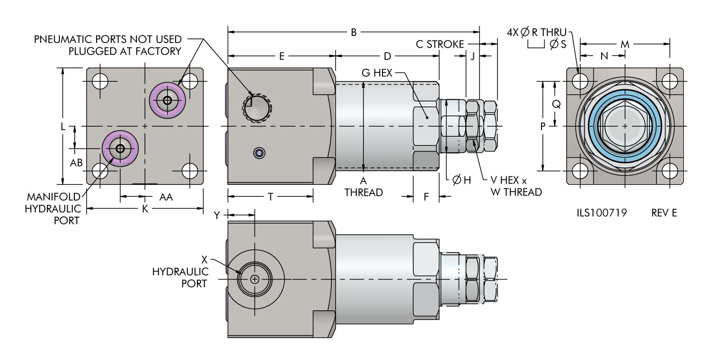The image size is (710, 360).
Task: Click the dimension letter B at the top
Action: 354,33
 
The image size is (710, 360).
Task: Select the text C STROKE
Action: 440,44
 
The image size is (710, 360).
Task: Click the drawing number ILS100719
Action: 598,213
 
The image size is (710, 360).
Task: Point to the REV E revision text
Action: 664,213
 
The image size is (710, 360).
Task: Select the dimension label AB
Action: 77,162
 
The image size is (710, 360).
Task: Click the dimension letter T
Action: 270,197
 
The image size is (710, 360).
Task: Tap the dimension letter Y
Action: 217,214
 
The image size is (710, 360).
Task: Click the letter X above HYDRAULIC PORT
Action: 204,259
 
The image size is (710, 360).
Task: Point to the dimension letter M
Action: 625,44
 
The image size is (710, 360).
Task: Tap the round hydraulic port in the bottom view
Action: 255,279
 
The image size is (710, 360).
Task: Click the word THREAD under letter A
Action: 364,193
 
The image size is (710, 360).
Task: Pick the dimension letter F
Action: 426,197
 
